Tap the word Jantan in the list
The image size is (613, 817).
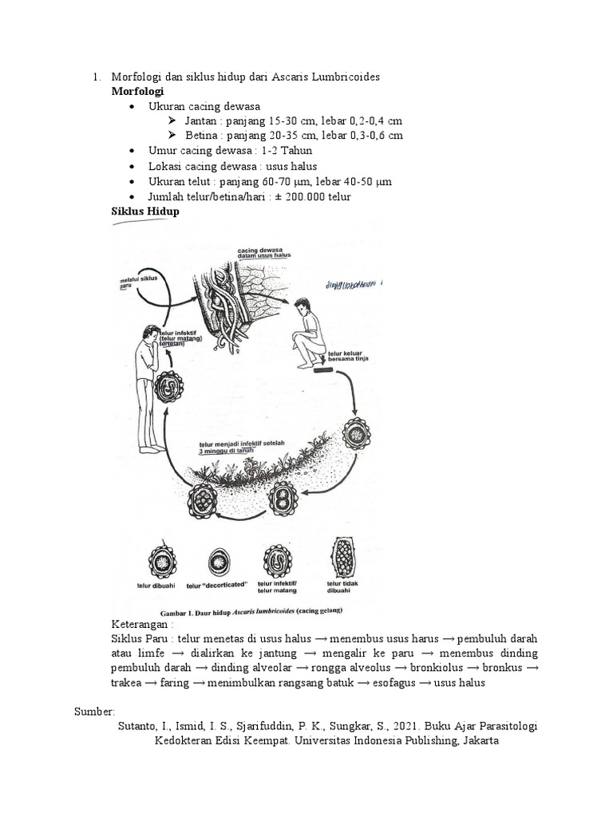coord(200,120)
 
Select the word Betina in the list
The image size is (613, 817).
coord(199,136)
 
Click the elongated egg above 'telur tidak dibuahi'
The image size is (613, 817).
coord(344,555)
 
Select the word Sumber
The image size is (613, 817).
coord(94,711)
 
